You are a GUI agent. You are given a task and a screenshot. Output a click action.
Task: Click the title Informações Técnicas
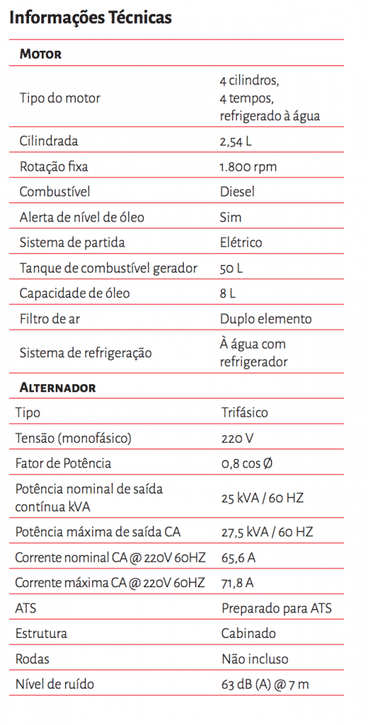pos(91,17)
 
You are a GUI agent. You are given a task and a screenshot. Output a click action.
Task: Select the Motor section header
pos(41,54)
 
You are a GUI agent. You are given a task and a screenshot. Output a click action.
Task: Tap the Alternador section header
pos(57,388)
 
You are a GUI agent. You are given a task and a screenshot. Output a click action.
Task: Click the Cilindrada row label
pos(49,141)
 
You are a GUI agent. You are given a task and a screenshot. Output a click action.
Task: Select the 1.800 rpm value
pos(248,167)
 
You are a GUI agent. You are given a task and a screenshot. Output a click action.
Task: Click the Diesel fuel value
pos(237,192)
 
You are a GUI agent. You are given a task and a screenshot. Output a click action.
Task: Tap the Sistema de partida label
pos(72,243)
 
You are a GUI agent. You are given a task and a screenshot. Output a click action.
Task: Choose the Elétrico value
pos(241,243)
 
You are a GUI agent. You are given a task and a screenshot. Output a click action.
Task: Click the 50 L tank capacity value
pos(231,268)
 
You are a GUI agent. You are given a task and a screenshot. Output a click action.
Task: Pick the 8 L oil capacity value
pos(227,294)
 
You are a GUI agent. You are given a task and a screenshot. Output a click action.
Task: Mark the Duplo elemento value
pos(266,319)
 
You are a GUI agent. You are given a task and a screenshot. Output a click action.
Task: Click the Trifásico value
pos(244,413)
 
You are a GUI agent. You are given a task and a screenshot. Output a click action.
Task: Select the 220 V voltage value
pos(238,438)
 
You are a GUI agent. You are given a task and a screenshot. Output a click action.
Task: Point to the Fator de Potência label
pos(63,463)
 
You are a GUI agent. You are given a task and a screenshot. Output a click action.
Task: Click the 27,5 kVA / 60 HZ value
pos(267,532)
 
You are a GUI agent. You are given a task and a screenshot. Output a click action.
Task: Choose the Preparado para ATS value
pos(276,608)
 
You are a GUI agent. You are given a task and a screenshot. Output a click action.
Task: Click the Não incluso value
pos(254,659)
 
